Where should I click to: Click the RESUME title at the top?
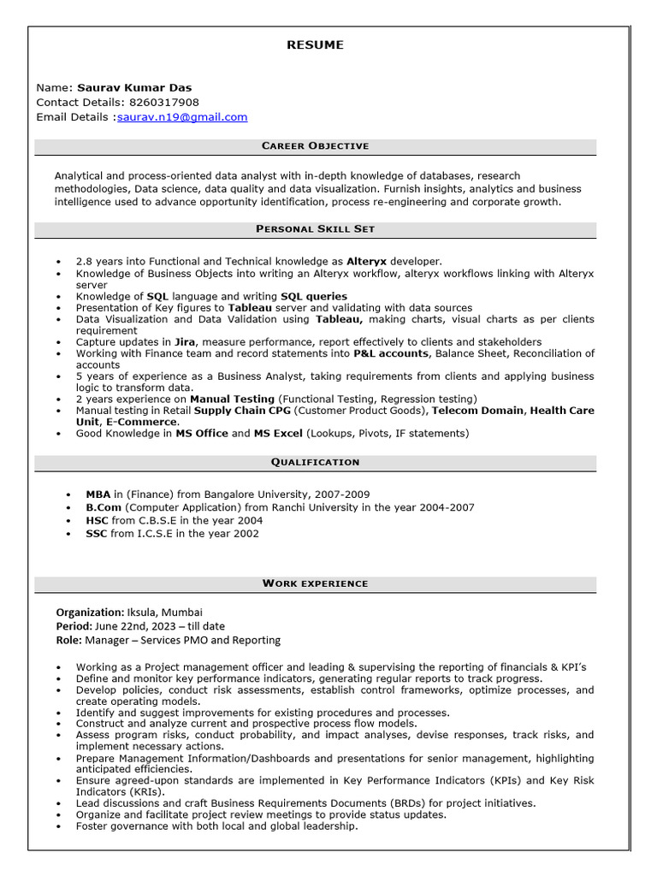point(315,45)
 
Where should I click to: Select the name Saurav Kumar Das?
point(134,87)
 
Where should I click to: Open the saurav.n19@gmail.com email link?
point(182,117)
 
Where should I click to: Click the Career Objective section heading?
point(315,146)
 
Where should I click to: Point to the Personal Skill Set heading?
point(315,229)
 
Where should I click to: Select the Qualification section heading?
point(315,462)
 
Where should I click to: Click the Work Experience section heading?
point(315,583)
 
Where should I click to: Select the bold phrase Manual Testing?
point(232,399)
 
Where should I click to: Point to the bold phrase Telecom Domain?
point(477,411)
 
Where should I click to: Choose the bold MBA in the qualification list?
point(98,494)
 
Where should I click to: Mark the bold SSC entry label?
point(97,534)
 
